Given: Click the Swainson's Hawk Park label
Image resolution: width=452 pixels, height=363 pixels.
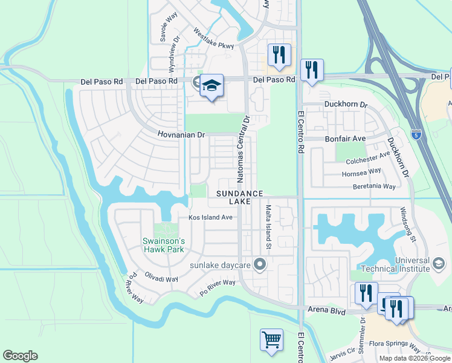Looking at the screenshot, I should [x=163, y=244].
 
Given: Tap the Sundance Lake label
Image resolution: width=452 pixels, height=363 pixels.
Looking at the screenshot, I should [x=240, y=197].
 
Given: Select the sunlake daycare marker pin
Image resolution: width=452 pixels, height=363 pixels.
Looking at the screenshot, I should [x=260, y=264].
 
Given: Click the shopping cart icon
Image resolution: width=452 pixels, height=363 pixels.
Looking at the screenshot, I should [x=271, y=339].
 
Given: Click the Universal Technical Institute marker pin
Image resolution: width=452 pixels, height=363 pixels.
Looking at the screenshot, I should [x=439, y=264].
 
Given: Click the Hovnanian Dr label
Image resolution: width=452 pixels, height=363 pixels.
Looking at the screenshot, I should [x=181, y=135].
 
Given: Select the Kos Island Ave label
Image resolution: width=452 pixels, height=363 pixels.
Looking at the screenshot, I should [x=210, y=217].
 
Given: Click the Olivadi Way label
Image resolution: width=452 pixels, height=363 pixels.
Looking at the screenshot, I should [x=161, y=279].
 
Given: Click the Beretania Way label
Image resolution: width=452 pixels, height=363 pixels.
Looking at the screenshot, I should [x=374, y=186].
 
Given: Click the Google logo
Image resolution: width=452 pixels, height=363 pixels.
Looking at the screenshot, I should [x=20, y=356].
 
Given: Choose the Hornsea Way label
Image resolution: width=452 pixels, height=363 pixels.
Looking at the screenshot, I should [x=363, y=172].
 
